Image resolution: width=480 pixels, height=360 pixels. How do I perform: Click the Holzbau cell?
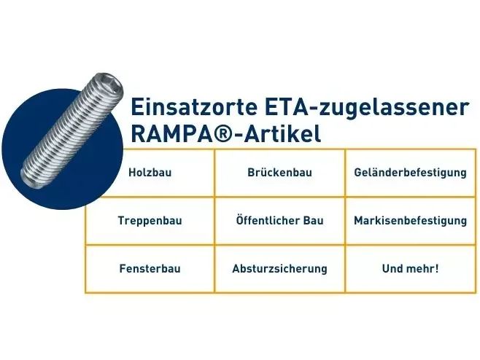point(150,173)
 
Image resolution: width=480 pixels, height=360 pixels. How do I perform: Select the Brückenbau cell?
point(279,173)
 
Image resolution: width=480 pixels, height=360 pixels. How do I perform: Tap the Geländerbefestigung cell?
point(410,173)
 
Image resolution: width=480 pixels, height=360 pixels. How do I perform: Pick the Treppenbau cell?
point(150,221)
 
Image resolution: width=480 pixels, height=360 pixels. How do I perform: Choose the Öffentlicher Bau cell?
point(279,221)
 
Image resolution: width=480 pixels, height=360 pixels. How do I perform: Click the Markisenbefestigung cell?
point(410,221)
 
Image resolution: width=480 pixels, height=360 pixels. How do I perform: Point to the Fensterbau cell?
point(150,268)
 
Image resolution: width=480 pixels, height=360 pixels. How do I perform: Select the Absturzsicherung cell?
point(279,268)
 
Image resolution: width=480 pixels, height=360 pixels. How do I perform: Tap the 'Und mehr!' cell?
point(410,268)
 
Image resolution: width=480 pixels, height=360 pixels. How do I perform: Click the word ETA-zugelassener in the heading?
point(364,108)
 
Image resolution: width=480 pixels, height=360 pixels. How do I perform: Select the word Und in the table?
point(392,268)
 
